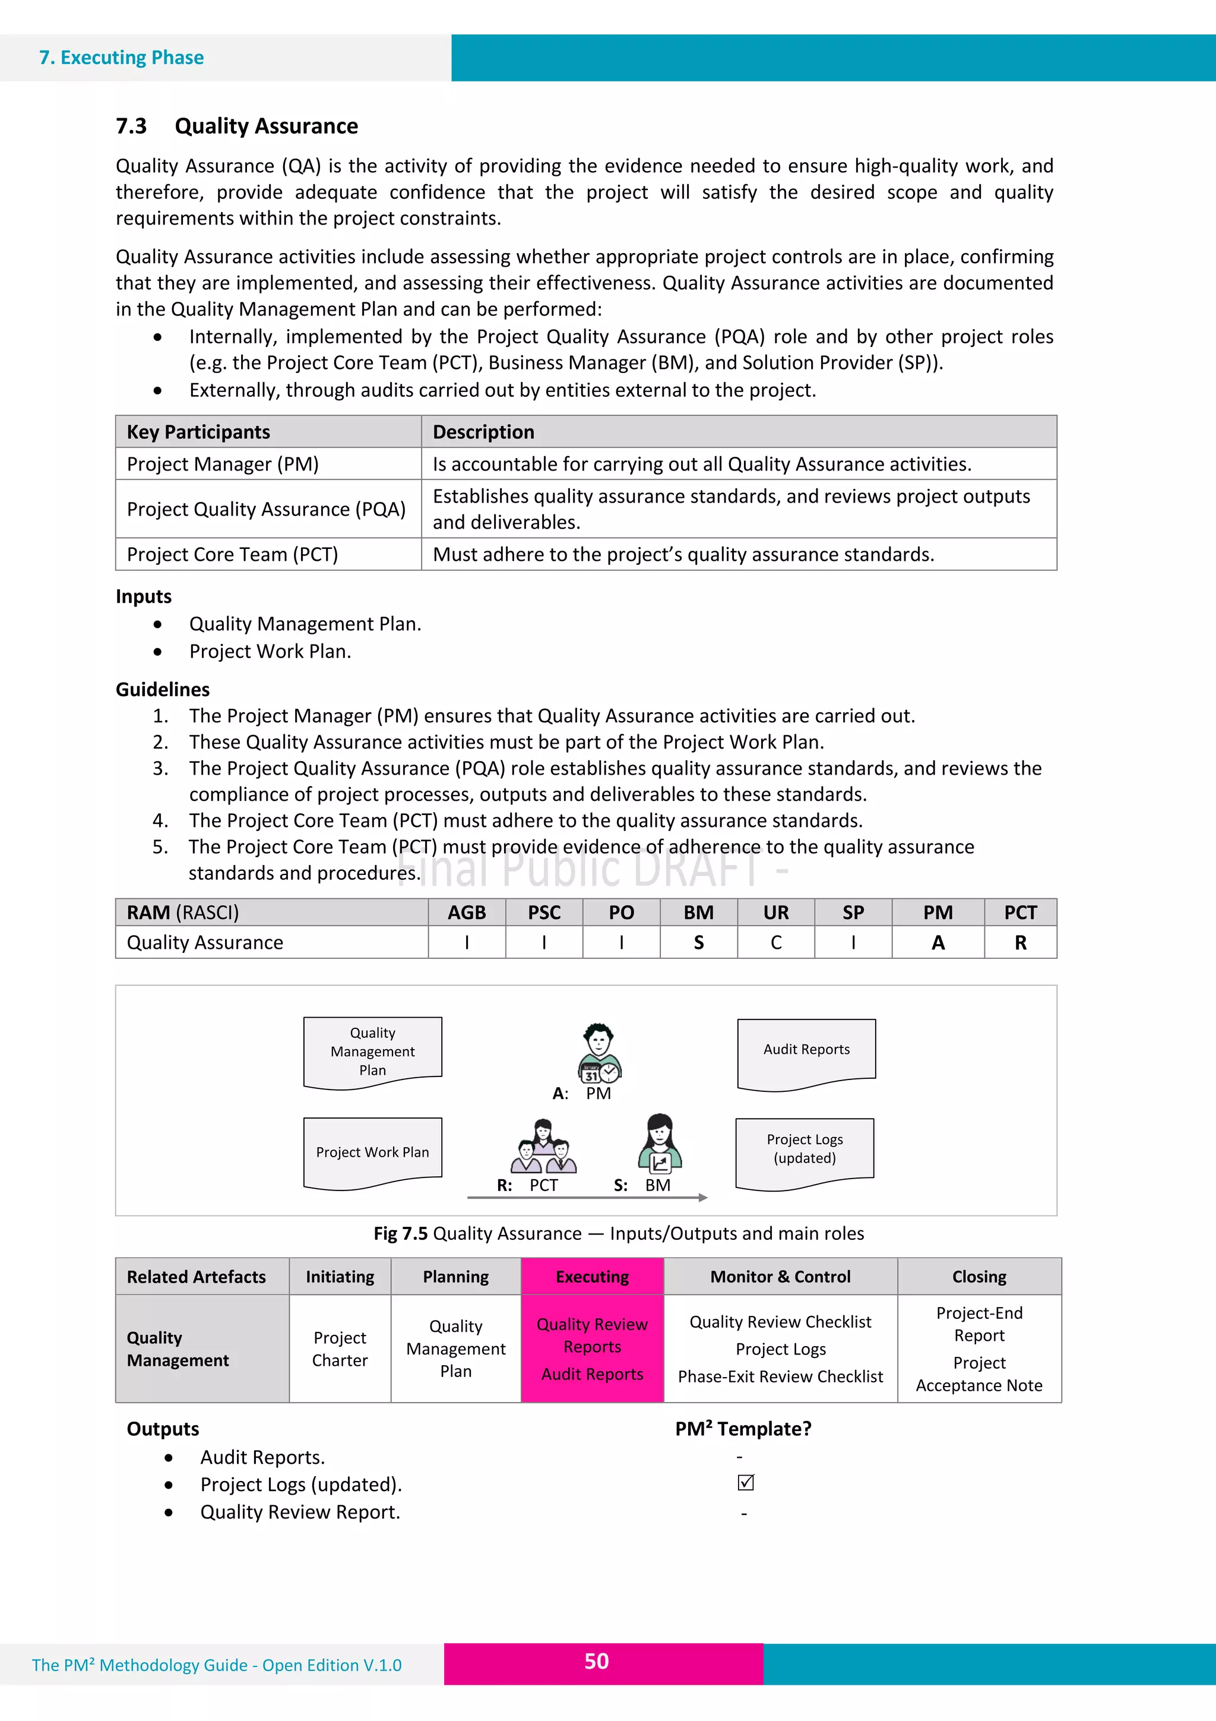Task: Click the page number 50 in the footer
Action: [x=596, y=1661]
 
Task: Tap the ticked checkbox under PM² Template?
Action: [x=746, y=1483]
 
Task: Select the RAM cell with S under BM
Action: [x=698, y=943]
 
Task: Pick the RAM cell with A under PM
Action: [x=938, y=943]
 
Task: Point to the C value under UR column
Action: [x=775, y=943]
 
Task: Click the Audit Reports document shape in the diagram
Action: [x=806, y=1053]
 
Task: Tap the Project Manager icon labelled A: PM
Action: [x=598, y=1053]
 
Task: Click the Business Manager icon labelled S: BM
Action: [x=659, y=1143]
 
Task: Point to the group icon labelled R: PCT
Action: [x=544, y=1148]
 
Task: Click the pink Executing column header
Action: [x=592, y=1277]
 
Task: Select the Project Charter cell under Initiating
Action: [x=340, y=1349]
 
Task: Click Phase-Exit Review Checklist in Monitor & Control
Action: [x=780, y=1376]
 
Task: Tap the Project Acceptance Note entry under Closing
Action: [x=978, y=1374]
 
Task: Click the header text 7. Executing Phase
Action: [x=121, y=58]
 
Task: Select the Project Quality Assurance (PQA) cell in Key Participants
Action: [x=266, y=509]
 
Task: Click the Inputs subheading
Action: [x=144, y=596]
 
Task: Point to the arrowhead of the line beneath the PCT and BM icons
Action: [x=703, y=1198]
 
